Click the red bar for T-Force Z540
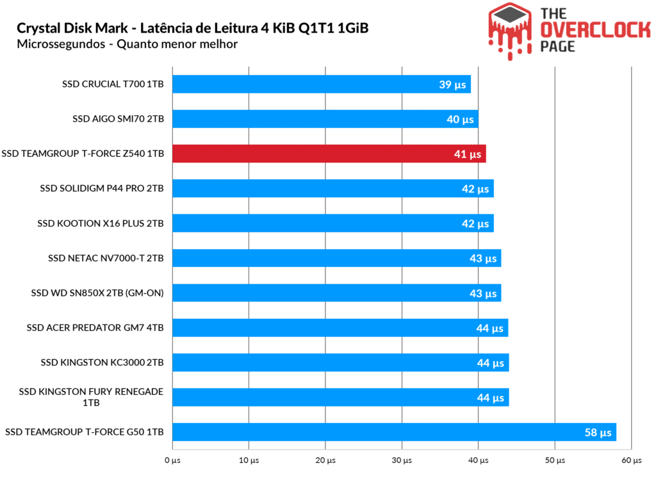click(329, 154)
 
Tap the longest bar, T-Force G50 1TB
click(394, 432)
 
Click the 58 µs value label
click(598, 433)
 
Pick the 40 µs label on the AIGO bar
click(459, 119)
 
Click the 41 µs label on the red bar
click(467, 154)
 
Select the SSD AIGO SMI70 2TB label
click(118, 119)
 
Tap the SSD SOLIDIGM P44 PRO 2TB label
click(101, 188)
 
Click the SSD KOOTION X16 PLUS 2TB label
click(101, 223)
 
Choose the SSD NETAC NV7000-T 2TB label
click(106, 258)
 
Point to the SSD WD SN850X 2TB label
click(97, 293)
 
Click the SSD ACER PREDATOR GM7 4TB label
click(95, 328)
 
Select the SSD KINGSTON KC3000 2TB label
click(102, 362)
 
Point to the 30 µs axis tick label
click(402, 460)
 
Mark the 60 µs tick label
click(632, 460)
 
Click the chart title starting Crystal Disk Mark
click(192, 28)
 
